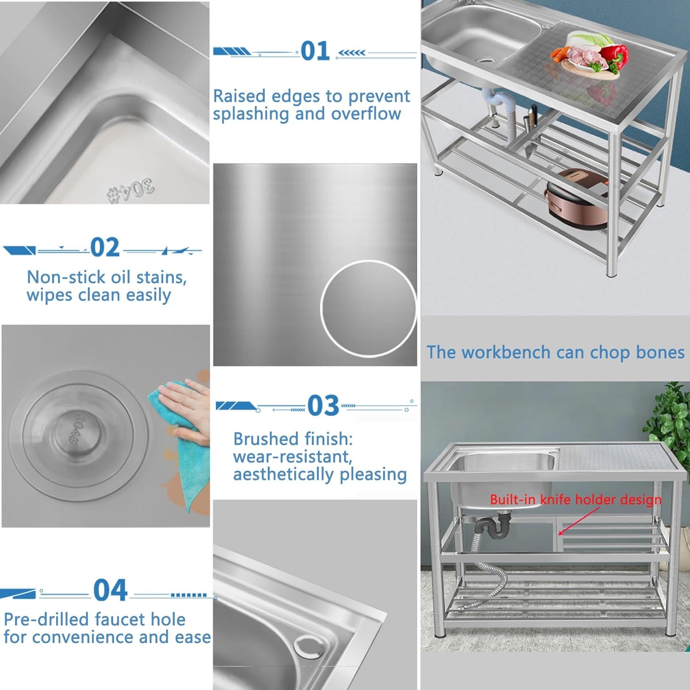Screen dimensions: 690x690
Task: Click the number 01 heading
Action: click(316, 51)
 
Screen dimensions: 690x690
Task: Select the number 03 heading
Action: click(323, 406)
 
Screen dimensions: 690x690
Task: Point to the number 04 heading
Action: click(110, 590)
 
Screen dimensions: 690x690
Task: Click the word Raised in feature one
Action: click(240, 96)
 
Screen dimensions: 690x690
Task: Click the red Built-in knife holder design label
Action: click(575, 500)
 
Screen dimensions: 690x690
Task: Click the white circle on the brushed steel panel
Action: click(368, 309)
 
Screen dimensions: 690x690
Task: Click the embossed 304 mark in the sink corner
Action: click(132, 191)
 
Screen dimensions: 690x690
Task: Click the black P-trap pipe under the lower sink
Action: click(494, 527)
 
